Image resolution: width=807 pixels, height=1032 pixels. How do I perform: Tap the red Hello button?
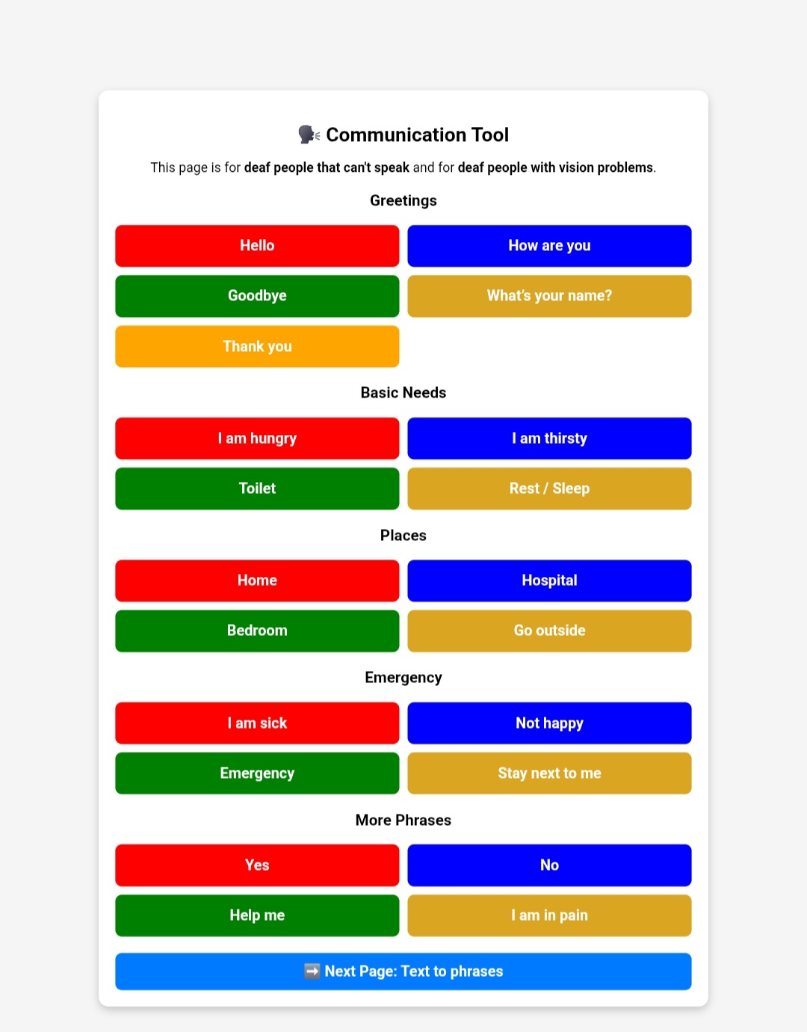(257, 246)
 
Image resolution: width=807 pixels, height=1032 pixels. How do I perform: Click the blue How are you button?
(549, 246)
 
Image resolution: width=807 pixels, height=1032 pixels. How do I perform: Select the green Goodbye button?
(257, 296)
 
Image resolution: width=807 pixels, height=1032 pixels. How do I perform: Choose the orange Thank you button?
(257, 346)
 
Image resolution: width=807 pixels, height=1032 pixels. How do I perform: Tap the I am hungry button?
(257, 438)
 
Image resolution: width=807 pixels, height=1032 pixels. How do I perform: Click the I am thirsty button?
(549, 438)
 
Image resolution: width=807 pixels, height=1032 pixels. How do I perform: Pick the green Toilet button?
(257, 489)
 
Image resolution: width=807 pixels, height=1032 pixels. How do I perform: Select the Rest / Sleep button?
(549, 489)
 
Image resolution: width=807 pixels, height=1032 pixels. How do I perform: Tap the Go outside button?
(549, 631)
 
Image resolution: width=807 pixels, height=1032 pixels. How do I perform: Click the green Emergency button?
(257, 773)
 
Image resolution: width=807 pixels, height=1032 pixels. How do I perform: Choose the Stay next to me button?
(549, 773)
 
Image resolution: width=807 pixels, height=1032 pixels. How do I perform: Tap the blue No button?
(549, 865)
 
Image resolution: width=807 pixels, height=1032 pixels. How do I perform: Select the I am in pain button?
(549, 915)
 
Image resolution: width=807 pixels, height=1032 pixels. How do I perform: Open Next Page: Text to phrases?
(403, 971)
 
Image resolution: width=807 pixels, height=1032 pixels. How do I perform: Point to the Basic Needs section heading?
(403, 393)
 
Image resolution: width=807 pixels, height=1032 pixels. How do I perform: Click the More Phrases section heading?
(403, 821)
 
